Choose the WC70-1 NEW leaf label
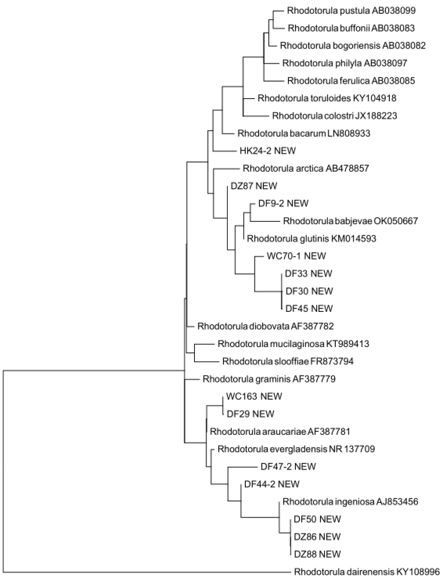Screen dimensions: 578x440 [x=296, y=256]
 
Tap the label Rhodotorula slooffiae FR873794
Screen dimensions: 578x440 [x=288, y=361]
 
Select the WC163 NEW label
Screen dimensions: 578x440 [x=254, y=396]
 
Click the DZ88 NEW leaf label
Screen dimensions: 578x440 [x=317, y=554]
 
